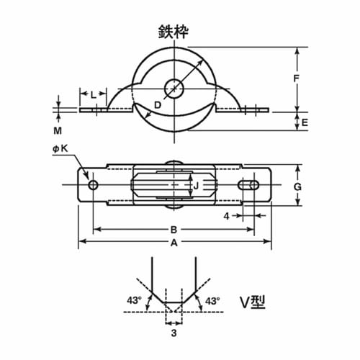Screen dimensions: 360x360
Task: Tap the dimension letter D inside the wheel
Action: click(x=158, y=105)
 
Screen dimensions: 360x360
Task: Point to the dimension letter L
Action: click(x=94, y=94)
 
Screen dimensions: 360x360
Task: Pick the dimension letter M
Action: click(x=60, y=132)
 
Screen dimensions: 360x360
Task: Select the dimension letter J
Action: click(x=197, y=186)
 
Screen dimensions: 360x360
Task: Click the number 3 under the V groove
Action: click(x=174, y=333)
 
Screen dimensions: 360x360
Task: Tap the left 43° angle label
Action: click(x=132, y=300)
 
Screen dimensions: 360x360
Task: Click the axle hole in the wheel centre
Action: click(x=174, y=89)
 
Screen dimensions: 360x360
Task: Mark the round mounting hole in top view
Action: click(x=93, y=186)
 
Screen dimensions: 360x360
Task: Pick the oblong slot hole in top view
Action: click(x=249, y=186)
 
